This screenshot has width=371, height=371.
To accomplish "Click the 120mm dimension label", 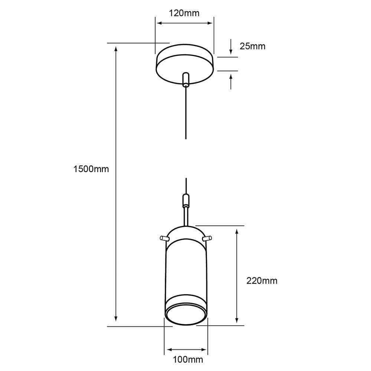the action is coord(184,13).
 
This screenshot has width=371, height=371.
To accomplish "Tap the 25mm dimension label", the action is coord(252,46).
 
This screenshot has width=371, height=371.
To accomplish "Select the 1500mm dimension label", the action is coord(91,169).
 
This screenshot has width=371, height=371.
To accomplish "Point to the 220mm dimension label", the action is coord(262,281).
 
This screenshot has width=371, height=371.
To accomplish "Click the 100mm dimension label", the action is coord(188,359).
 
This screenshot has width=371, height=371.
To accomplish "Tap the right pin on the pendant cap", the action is coord(207,238).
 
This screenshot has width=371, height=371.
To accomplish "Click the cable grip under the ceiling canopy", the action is coord(186,80).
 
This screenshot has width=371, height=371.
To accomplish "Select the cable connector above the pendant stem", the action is coord(186,200).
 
